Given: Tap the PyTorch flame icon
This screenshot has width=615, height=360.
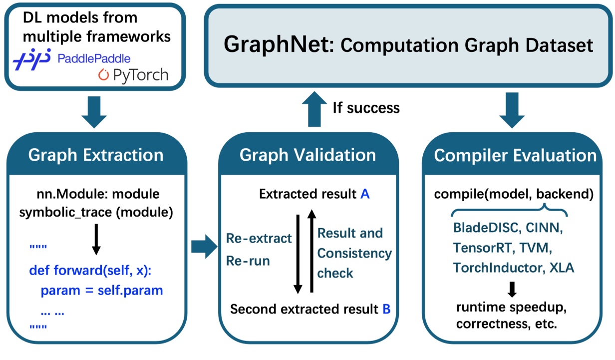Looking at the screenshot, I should click(103, 75).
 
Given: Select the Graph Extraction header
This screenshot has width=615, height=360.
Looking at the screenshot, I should click(96, 155).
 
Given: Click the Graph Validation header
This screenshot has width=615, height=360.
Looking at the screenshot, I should click(307, 155).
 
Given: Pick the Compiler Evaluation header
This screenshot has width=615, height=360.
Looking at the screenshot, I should click(515, 155).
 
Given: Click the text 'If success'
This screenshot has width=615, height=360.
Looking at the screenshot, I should click(366, 107).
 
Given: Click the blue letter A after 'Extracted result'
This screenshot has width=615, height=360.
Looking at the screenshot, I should click(364, 194).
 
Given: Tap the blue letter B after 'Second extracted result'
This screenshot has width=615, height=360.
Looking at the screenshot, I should click(386, 309).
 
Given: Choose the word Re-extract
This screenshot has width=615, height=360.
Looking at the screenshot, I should click(259, 238).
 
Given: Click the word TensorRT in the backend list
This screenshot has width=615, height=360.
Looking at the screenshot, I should click(484, 248).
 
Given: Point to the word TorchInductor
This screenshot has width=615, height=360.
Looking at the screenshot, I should click(496, 268).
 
